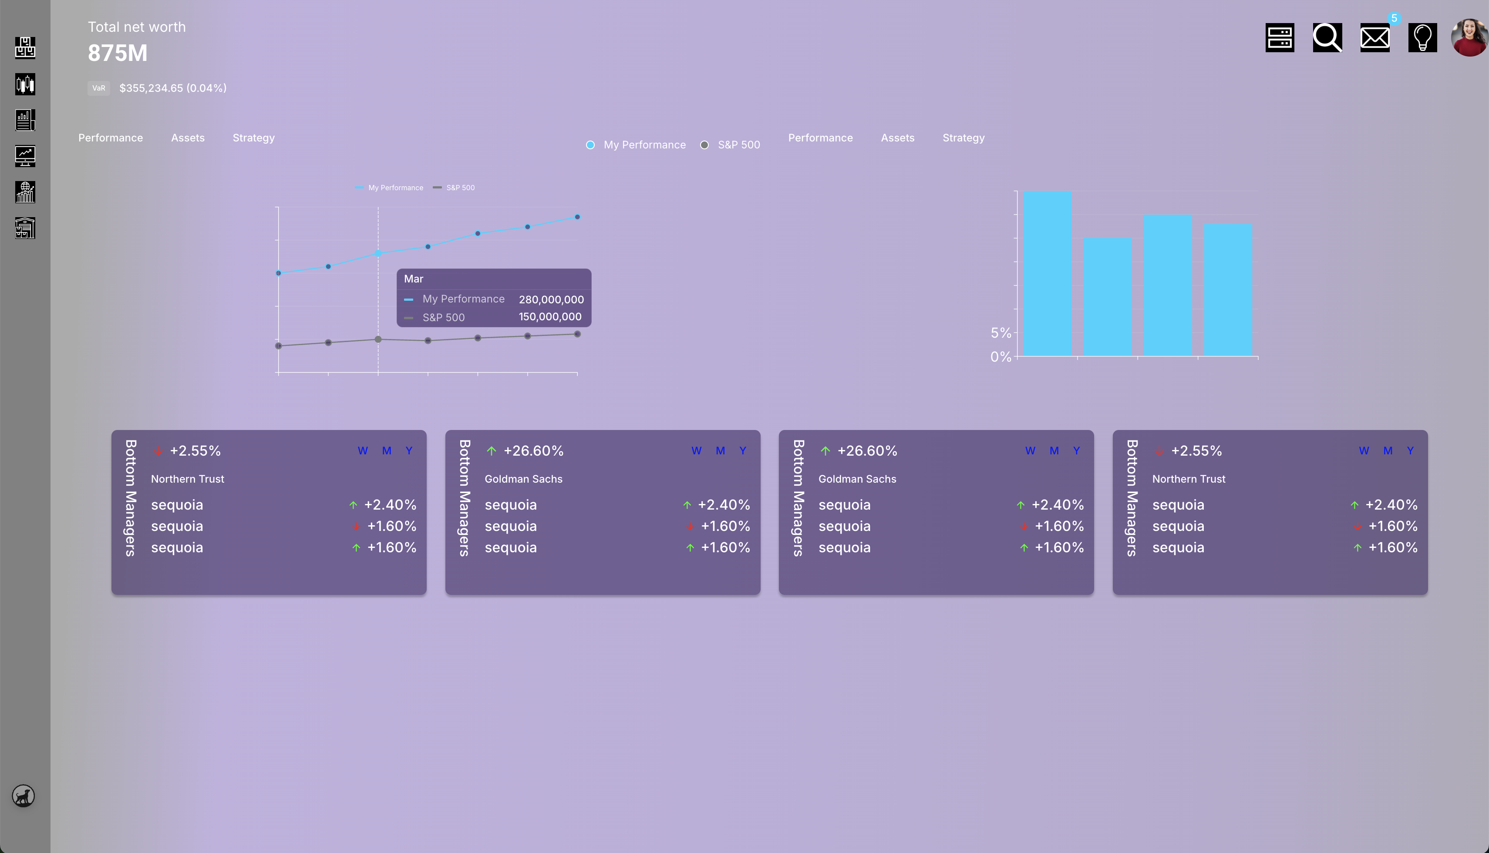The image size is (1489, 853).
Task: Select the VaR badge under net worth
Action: [98, 88]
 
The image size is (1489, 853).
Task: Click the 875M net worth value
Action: [118, 53]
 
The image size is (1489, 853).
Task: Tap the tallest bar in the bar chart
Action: [1047, 273]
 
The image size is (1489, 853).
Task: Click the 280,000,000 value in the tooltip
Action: [551, 299]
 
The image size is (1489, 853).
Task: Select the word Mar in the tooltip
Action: [413, 279]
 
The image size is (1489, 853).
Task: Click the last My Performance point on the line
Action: [577, 217]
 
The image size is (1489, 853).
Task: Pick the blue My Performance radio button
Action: [590, 144]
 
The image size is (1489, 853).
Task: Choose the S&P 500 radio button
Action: [704, 144]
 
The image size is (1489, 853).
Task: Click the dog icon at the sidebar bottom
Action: [24, 796]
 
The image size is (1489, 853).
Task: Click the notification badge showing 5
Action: [1394, 18]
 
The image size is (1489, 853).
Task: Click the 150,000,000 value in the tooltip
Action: [549, 317]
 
